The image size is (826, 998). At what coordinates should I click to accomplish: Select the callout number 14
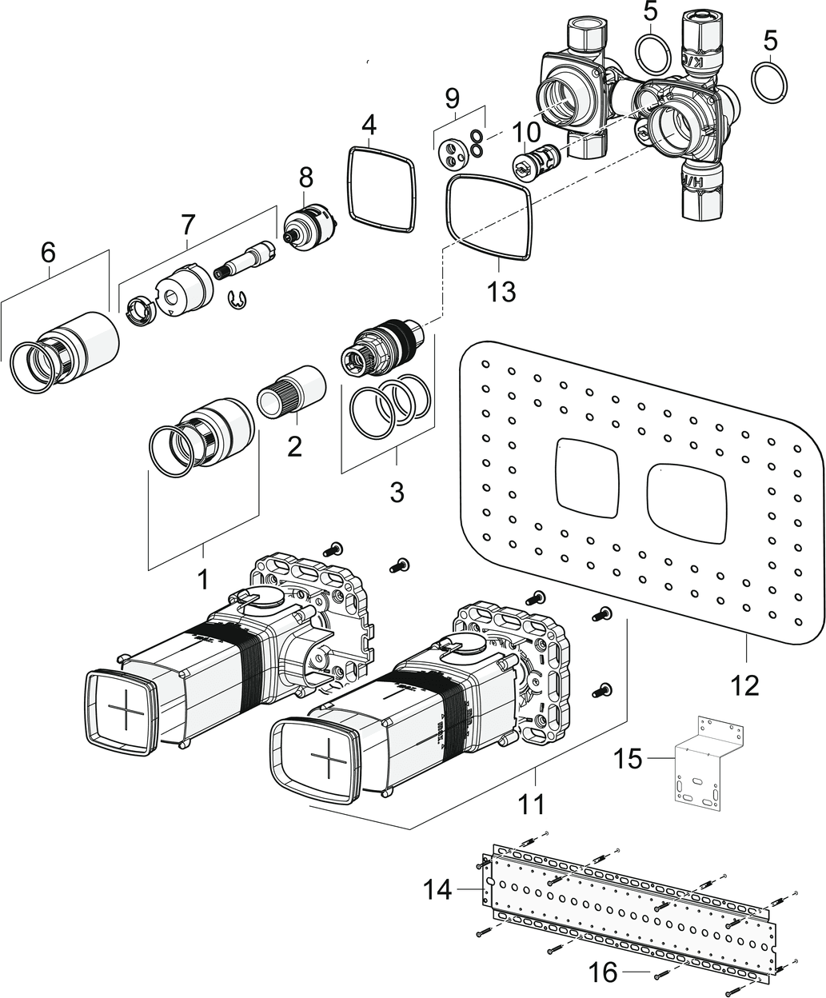coord(438,888)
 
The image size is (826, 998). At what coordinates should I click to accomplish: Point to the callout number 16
coord(603,972)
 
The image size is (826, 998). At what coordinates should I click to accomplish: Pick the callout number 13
coord(502,291)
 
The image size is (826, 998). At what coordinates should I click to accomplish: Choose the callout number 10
coord(527,130)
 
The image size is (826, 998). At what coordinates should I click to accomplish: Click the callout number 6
coord(48,253)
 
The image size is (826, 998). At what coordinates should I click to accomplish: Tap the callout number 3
coord(397,492)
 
